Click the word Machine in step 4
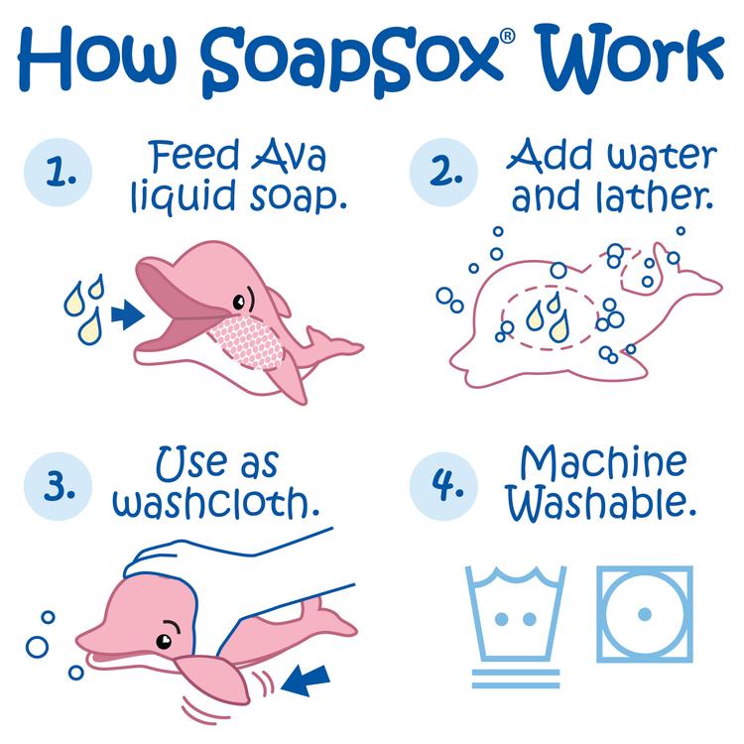[604, 462]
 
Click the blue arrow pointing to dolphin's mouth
[125, 315]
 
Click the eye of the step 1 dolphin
[240, 299]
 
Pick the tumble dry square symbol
[644, 614]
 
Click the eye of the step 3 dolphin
[166, 629]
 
